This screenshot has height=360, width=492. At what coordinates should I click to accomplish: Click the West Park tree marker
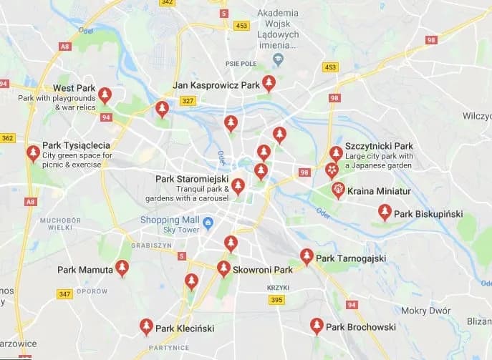[x=105, y=94]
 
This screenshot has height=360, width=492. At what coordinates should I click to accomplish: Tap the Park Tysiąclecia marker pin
[x=33, y=153]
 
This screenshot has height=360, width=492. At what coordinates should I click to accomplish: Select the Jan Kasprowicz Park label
[x=216, y=85]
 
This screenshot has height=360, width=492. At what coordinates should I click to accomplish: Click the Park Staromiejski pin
[x=238, y=186]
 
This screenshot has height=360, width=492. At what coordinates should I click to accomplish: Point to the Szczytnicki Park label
[x=379, y=146]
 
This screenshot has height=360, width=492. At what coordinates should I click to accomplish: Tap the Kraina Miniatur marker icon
[x=338, y=190]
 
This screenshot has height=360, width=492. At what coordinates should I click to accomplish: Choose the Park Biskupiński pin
[x=385, y=212]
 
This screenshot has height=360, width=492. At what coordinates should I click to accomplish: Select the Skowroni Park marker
[x=223, y=268]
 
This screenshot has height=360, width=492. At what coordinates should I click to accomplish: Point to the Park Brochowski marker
[x=316, y=326]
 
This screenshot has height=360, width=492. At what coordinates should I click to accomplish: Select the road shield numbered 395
[x=277, y=300]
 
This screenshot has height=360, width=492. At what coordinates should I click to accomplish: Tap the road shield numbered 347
[x=64, y=294]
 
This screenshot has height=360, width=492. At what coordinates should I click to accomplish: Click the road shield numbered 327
[x=188, y=101]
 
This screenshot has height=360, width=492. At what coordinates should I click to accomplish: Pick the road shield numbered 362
[x=8, y=137]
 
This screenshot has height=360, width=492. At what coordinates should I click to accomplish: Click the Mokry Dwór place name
[x=425, y=311]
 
